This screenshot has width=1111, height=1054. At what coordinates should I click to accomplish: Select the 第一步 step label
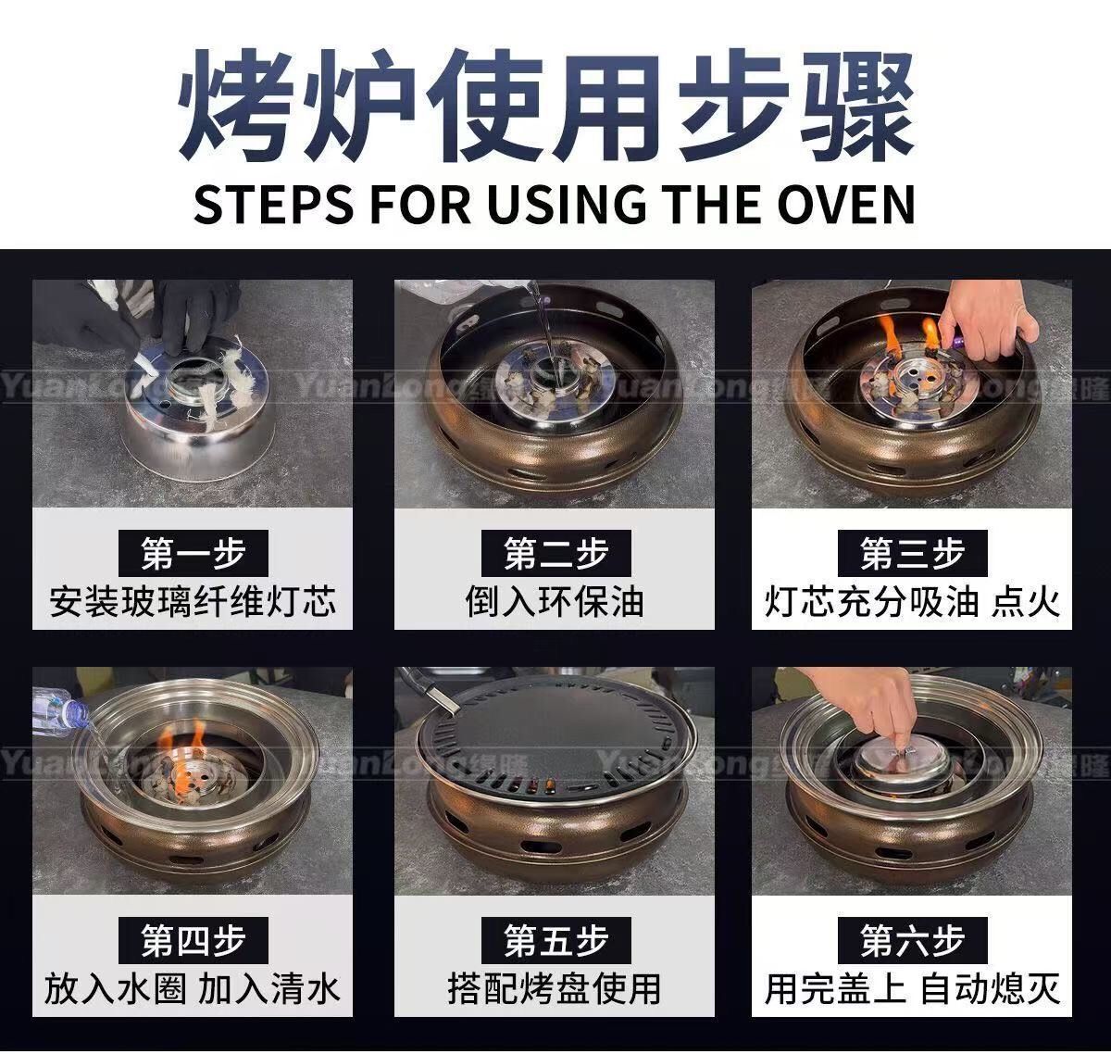193,553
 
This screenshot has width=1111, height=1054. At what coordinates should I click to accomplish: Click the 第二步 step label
555,553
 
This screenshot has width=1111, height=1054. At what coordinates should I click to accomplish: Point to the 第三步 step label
912,553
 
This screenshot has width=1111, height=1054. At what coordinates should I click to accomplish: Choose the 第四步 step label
193,940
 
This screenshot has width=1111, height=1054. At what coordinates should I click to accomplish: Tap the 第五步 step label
555,940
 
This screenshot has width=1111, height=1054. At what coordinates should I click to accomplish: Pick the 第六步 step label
912,940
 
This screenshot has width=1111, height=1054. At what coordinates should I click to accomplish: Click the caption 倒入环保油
555,602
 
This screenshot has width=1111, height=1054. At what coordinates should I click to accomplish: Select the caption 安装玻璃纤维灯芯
193,602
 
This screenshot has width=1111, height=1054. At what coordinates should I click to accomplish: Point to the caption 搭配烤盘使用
555,989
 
